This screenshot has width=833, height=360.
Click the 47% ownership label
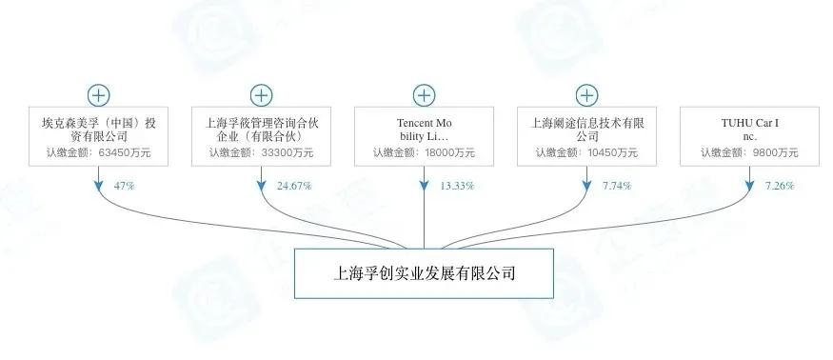pyautogui.click(x=124, y=185)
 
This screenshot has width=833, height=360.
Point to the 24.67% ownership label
pyautogui.click(x=294, y=185)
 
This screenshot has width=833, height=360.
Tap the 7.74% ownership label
pyautogui.click(x=616, y=185)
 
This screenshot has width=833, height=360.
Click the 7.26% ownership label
pyautogui.click(x=779, y=185)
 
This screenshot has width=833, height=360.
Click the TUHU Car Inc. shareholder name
pyautogui.click(x=749, y=130)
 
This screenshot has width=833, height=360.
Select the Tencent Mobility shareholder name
pyautogui.click(x=424, y=130)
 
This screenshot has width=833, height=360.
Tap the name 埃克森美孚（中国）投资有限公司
pyautogui.click(x=98, y=130)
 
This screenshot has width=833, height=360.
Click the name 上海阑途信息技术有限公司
pyautogui.click(x=586, y=130)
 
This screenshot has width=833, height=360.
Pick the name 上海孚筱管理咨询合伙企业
pyautogui.click(x=261, y=130)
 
